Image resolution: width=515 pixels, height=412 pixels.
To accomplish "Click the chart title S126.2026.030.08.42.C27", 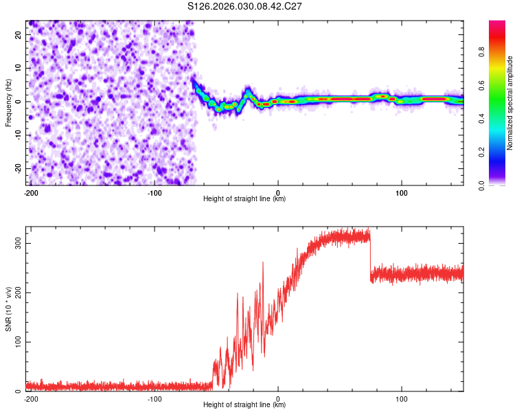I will click(245, 6).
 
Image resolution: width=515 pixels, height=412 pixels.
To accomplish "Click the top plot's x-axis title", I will click(244, 199).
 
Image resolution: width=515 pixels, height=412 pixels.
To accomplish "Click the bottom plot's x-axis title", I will click(244, 405).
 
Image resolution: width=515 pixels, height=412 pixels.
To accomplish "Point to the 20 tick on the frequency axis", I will click(19, 34).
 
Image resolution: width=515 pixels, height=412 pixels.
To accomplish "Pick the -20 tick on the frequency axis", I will click(18, 168).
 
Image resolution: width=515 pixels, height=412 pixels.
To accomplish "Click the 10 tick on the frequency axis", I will click(19, 68).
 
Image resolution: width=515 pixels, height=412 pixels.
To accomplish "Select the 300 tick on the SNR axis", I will click(15, 243).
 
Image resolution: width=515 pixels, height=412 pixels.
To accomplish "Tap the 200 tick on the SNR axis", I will click(15, 293).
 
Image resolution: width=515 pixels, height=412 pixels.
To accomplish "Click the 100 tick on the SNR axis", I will click(15, 342).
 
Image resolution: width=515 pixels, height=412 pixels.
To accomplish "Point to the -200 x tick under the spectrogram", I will click(30, 192).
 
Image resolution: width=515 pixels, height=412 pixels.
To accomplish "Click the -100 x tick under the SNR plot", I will click(154, 398).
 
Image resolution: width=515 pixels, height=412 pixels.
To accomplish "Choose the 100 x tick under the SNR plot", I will click(402, 398).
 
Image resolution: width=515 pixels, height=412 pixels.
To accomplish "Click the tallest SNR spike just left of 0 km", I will click(262, 263).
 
